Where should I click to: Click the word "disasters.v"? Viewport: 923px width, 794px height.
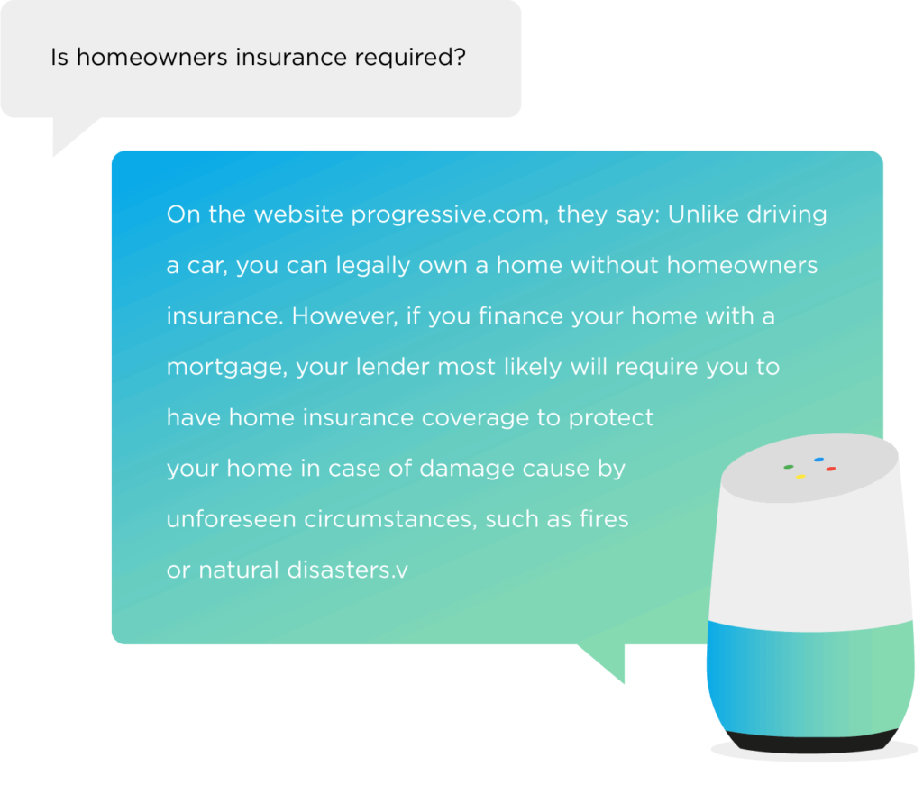347,570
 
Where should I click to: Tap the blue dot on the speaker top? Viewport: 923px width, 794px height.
818,460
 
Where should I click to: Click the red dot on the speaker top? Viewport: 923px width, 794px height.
830,470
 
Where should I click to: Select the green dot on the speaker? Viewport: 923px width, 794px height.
789,468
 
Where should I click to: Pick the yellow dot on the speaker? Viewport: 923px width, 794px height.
800,477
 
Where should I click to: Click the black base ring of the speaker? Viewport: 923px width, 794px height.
812,744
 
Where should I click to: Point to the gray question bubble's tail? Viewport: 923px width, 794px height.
69,133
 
